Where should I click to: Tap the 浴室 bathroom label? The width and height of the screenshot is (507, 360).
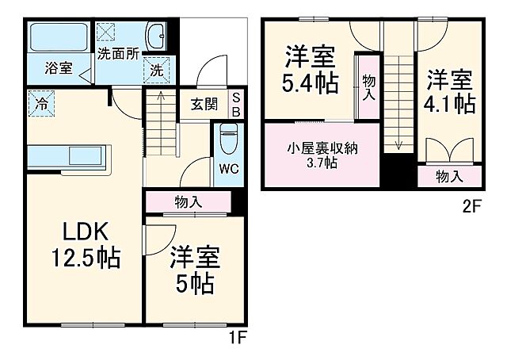tap(59, 68)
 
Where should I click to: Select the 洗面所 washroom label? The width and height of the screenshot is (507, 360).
tap(118, 55)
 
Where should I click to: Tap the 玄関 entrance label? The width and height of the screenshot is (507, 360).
tap(204, 103)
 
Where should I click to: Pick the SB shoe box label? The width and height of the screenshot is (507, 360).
tap(235, 104)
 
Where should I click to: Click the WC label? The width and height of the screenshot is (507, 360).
tap(228, 169)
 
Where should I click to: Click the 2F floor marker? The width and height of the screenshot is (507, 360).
tap(472, 208)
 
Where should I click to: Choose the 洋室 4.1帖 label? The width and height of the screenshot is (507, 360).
tap(449, 92)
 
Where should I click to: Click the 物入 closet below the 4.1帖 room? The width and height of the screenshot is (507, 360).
tap(449, 176)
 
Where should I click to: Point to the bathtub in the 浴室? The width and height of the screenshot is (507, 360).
tap(59, 36)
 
